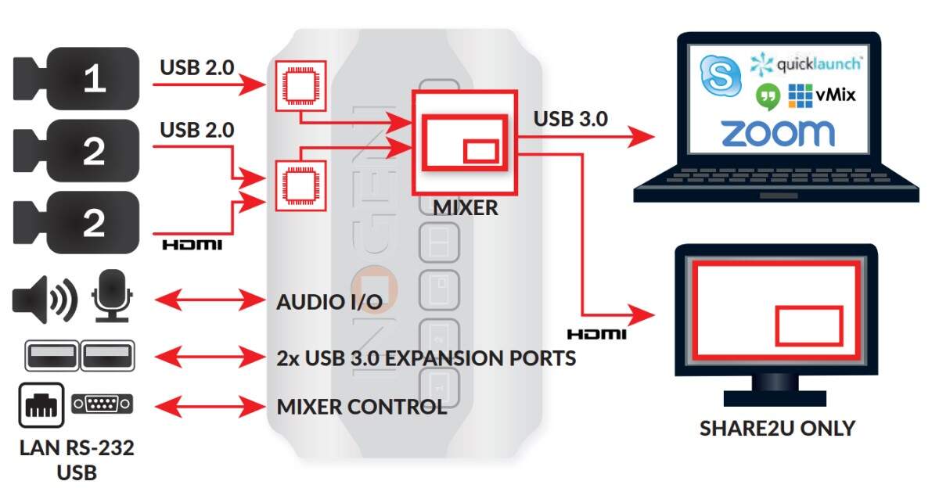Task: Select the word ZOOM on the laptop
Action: pyautogui.click(x=777, y=134)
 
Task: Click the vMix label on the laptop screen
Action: pyautogui.click(x=834, y=95)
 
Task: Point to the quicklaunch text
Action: pyautogui.click(x=817, y=63)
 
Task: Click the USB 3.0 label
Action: pyautogui.click(x=570, y=120)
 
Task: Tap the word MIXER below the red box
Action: pyautogui.click(x=465, y=207)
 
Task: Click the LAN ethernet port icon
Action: pyautogui.click(x=41, y=404)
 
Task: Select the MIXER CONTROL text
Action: pyautogui.click(x=362, y=407)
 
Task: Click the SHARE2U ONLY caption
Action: pyautogui.click(x=777, y=428)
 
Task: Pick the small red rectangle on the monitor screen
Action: pyautogui.click(x=808, y=325)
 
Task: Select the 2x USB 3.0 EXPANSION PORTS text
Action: pyautogui.click(x=426, y=358)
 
